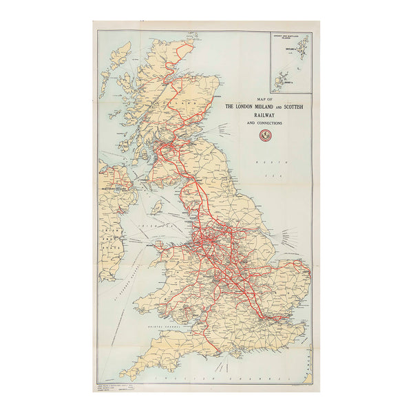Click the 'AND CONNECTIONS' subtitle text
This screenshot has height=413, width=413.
[x=262, y=123]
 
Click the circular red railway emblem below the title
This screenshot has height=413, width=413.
[x=262, y=136]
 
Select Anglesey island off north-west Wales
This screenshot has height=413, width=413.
[x=160, y=243]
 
